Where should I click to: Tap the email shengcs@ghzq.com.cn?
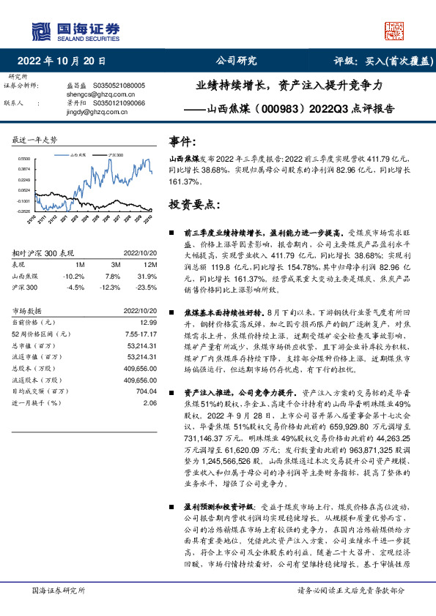[x=91, y=94]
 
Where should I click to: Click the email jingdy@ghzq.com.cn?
[x=87, y=111]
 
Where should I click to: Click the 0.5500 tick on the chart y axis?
[x=23, y=158]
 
